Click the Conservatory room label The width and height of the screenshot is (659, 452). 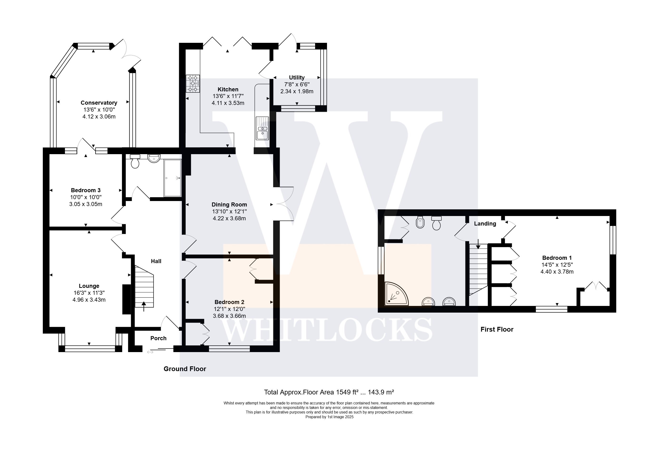point(99,103)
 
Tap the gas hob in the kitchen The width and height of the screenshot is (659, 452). point(193,84)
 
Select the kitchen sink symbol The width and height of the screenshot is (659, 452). point(262,128)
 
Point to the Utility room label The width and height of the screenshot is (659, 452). point(297,77)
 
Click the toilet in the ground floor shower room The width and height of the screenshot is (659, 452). point(135,161)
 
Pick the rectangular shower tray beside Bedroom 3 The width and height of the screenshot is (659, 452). point(173,178)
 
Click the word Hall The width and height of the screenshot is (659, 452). point(156,261)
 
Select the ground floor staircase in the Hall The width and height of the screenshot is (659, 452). point(144,286)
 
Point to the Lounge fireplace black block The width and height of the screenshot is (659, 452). point(127,299)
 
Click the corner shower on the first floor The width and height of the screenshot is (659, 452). point(396,294)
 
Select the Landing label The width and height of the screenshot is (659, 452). point(485,223)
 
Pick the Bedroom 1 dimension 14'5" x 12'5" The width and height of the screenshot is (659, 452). point(557,265)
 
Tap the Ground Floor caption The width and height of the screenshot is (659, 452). point(185,369)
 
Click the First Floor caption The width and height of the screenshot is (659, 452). point(497,329)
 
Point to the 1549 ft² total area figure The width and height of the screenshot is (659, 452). point(347,392)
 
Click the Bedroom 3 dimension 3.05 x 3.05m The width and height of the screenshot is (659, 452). point(86,204)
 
